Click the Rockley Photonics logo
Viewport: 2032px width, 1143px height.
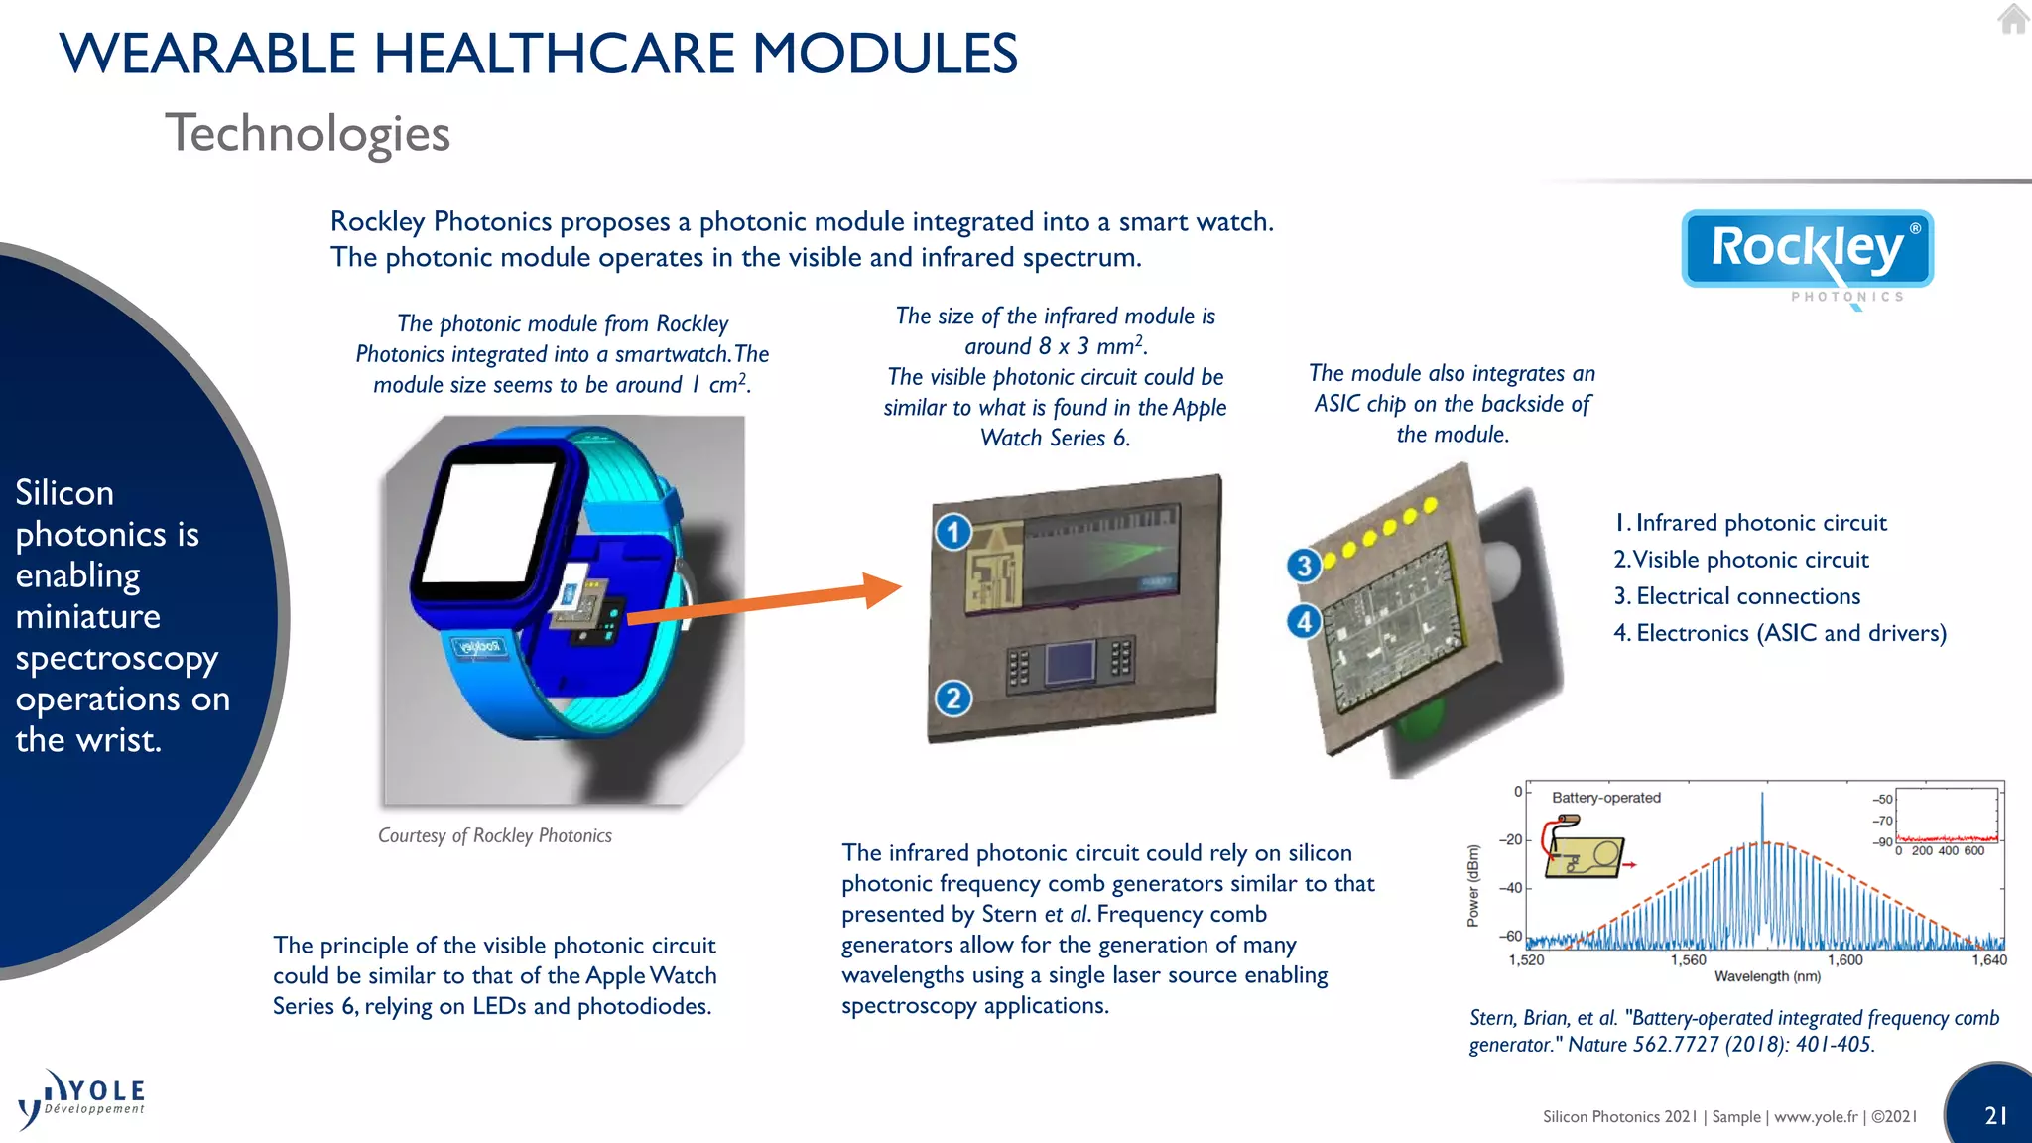(x=1807, y=251)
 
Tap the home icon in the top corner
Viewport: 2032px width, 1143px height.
(x=2013, y=19)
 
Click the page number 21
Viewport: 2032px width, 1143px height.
(x=1996, y=1115)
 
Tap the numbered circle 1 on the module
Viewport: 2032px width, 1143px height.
(x=953, y=533)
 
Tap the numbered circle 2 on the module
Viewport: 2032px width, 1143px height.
(x=953, y=698)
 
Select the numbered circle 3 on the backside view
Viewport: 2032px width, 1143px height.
(x=1304, y=566)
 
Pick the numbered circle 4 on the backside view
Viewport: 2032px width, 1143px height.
(x=1304, y=622)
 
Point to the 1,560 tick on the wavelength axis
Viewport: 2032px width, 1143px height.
(x=1688, y=960)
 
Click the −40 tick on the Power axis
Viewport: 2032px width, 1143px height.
(x=1510, y=888)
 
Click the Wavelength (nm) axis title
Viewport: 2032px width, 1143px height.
(x=1767, y=976)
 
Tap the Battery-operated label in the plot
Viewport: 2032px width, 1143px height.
(x=1605, y=798)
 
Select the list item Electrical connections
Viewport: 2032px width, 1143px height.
(x=1747, y=596)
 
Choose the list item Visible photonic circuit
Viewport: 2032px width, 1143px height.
(x=1750, y=560)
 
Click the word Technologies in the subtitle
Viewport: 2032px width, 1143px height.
(x=308, y=134)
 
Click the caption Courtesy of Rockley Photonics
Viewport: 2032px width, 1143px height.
(x=494, y=835)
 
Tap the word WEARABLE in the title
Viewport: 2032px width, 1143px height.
(x=206, y=54)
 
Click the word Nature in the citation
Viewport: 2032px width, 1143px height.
(x=1597, y=1045)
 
